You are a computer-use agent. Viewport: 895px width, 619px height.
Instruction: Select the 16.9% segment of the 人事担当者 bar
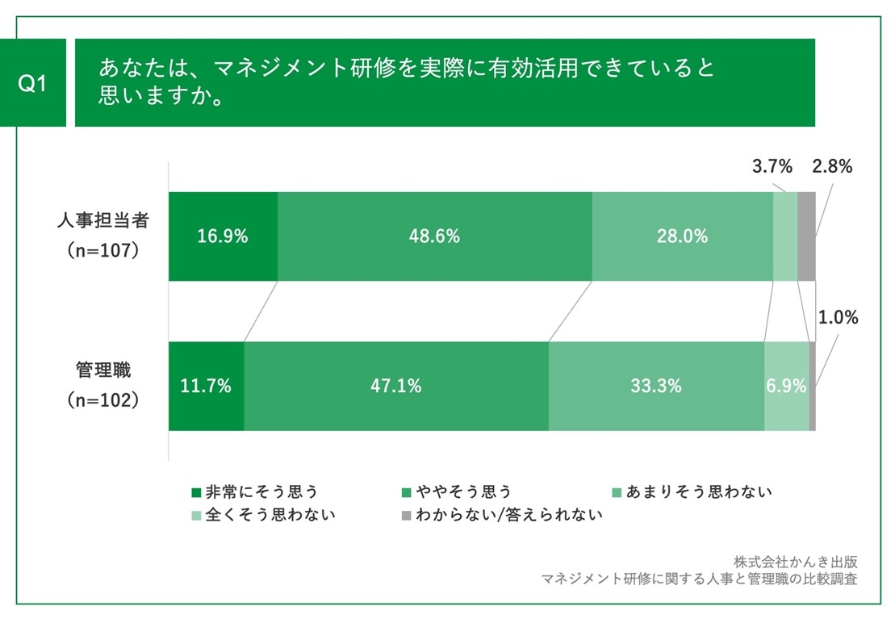(x=223, y=236)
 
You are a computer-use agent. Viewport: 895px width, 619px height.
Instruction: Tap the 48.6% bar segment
(x=434, y=236)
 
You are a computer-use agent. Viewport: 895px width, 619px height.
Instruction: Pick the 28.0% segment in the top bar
(x=682, y=236)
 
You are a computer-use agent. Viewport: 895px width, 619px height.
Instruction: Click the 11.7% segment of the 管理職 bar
(x=206, y=386)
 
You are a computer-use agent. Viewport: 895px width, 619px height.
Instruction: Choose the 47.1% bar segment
(x=395, y=386)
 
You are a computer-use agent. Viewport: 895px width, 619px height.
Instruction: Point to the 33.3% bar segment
(x=655, y=386)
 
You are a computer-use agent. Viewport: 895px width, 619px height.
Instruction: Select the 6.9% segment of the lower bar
(x=786, y=386)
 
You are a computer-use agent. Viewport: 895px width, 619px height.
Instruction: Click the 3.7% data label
(x=772, y=167)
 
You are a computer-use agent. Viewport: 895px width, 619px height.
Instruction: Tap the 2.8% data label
(x=832, y=167)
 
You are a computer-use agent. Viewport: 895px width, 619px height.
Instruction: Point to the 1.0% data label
(x=838, y=318)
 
